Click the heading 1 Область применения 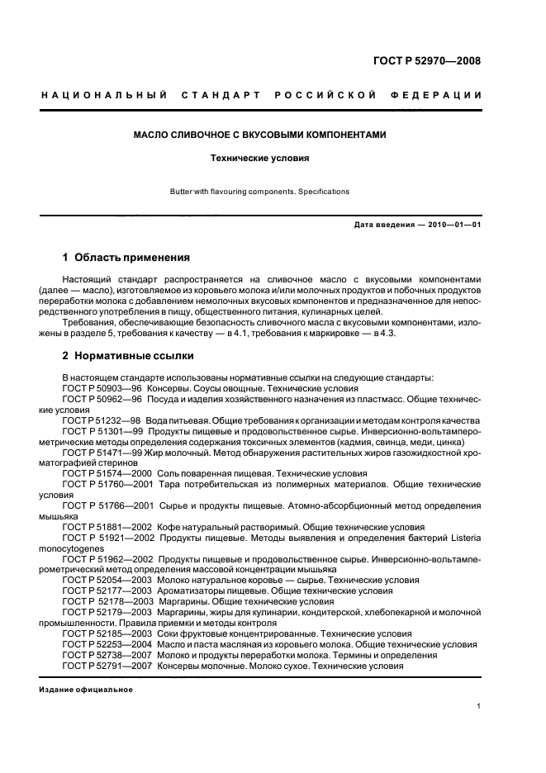(x=126, y=257)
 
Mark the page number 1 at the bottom (x=479, y=706)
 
